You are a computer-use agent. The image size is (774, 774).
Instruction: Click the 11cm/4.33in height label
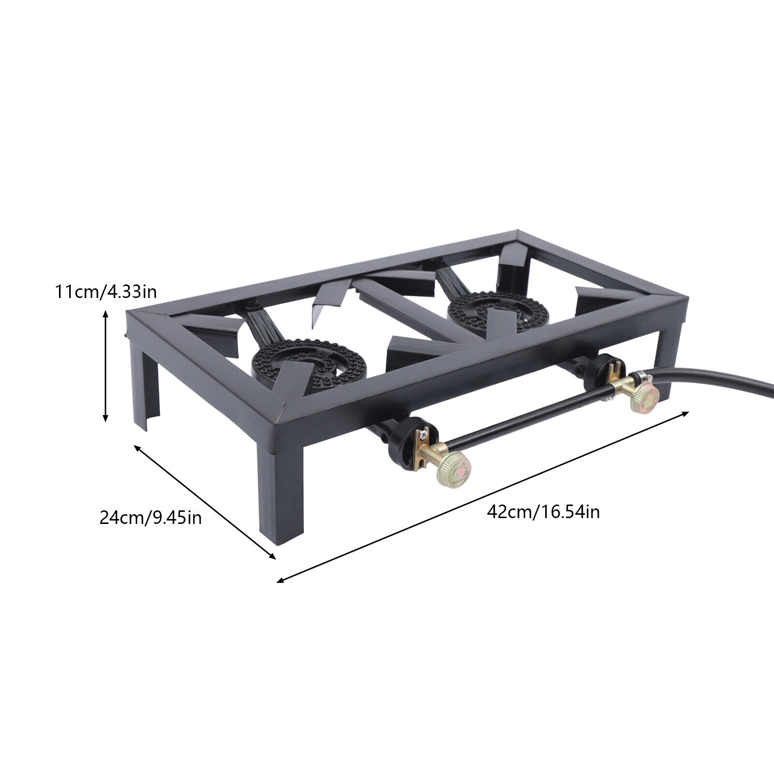click(105, 292)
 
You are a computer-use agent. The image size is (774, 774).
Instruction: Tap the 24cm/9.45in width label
click(150, 518)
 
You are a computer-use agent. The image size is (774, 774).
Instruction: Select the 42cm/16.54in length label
click(543, 511)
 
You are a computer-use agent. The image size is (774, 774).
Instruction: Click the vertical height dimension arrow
click(105, 367)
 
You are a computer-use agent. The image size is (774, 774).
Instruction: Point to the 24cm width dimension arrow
click(205, 503)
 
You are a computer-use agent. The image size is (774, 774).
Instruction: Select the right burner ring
click(498, 312)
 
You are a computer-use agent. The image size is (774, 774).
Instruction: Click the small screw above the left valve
click(425, 433)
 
